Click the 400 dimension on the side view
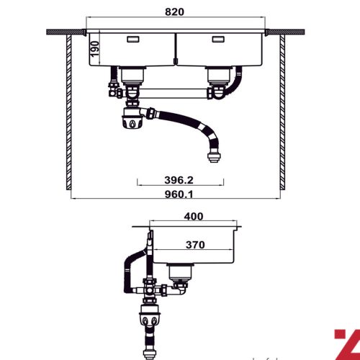[x=193, y=216]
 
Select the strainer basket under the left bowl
[x=131, y=73]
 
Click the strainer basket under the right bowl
[x=217, y=73]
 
